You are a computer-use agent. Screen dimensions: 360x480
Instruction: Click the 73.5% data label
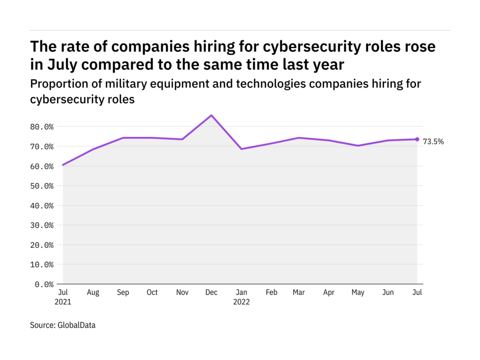coord(433,142)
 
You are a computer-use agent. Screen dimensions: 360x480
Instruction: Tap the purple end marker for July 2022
coord(417,139)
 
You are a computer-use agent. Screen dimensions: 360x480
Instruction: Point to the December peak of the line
coord(211,115)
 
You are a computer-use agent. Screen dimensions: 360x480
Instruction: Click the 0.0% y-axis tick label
coord(44,284)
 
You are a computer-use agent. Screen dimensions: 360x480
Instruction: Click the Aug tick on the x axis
coord(92,292)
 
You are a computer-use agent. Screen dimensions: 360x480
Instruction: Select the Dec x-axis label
coord(211,292)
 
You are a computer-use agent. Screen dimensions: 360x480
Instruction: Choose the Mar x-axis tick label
coord(299,292)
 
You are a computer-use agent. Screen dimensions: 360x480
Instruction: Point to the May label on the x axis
coord(358,292)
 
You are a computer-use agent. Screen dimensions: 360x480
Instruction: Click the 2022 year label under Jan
coord(241,302)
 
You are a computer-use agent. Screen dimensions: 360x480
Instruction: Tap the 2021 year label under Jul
coord(63,302)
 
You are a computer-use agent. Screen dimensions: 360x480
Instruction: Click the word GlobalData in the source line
coord(76,325)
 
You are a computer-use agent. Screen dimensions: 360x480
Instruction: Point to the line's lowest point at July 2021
coord(63,165)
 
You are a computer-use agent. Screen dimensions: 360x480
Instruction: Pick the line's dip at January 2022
coord(241,149)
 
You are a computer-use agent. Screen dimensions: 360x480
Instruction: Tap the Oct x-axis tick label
coord(152,292)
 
